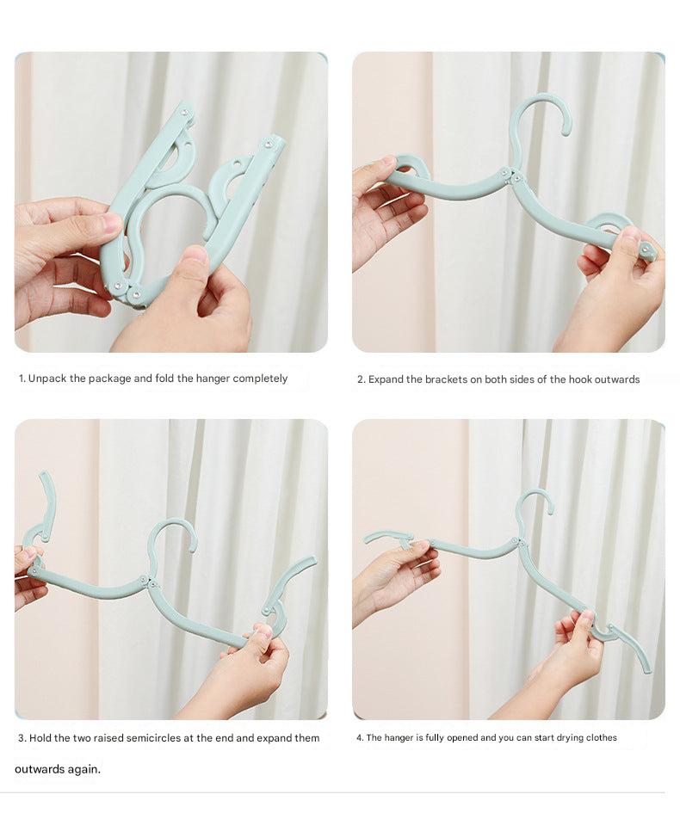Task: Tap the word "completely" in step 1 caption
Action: tap(256, 379)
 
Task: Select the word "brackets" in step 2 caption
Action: tap(445, 379)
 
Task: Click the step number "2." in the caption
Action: tap(362, 379)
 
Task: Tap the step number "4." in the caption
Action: tap(360, 738)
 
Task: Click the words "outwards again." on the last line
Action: tap(58, 769)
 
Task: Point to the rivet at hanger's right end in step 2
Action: tap(646, 250)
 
